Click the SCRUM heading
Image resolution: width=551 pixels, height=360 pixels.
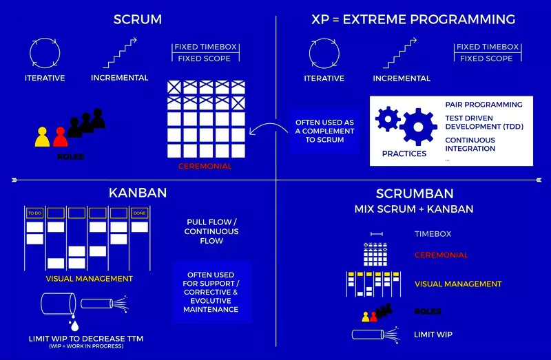[x=138, y=19]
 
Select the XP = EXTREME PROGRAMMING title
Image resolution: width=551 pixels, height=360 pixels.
[x=413, y=19]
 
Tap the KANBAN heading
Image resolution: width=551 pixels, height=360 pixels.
[x=138, y=192]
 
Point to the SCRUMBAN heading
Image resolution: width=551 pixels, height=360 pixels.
[x=413, y=193]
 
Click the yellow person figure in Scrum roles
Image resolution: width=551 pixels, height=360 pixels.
[x=43, y=137]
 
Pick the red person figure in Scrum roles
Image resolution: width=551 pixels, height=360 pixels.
[x=61, y=137]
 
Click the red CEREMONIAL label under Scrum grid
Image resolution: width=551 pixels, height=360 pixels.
[x=205, y=166]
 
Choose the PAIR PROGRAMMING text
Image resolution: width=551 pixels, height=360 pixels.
[x=484, y=105]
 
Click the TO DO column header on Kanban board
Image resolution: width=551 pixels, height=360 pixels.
[x=34, y=213]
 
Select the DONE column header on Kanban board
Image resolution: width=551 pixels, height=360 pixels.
[x=140, y=213]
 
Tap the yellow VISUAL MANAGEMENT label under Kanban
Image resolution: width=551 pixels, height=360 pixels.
[x=89, y=279]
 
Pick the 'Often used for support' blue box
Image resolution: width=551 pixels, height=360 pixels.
[x=211, y=292]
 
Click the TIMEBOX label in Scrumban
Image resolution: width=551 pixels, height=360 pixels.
[x=433, y=234]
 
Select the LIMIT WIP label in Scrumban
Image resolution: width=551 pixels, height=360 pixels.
[x=433, y=335]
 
